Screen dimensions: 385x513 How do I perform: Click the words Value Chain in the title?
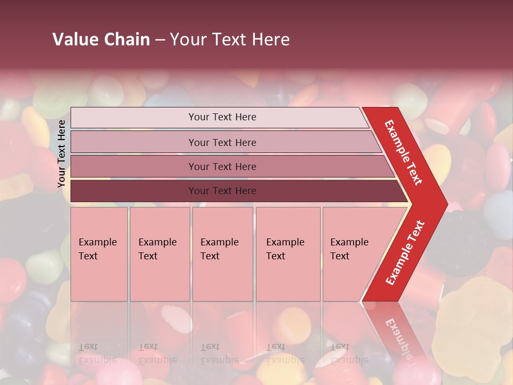click(101, 40)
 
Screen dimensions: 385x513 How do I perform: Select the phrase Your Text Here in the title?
click(230, 40)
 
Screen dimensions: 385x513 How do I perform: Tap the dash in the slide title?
click(160, 40)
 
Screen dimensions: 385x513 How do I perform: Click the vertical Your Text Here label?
click(62, 153)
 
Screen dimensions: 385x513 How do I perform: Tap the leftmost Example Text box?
click(99, 254)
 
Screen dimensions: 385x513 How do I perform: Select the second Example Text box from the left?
click(159, 254)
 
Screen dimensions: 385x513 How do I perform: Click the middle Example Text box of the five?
click(222, 254)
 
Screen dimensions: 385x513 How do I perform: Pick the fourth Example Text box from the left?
click(287, 254)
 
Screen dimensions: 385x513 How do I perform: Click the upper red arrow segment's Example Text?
click(403, 152)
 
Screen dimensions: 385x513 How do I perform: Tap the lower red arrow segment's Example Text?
click(405, 253)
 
